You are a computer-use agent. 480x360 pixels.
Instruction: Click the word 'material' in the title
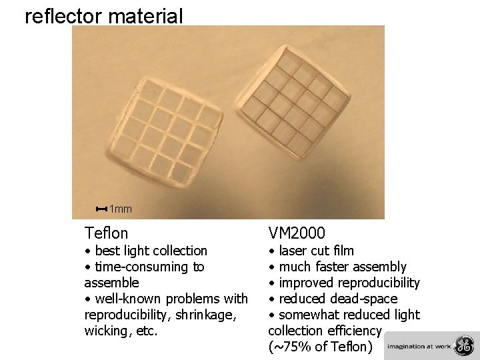click(x=146, y=15)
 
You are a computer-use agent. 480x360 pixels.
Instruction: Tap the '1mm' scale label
click(x=121, y=209)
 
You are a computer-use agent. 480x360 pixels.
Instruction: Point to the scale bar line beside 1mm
click(x=101, y=209)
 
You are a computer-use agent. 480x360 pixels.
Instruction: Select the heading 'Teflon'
click(x=106, y=233)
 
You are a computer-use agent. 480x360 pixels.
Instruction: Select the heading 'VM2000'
click(x=297, y=233)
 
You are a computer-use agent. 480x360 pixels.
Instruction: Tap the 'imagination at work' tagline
click(x=419, y=347)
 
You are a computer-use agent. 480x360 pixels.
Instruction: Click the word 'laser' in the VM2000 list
click(x=293, y=251)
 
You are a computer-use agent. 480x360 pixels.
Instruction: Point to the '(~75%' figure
click(x=288, y=347)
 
